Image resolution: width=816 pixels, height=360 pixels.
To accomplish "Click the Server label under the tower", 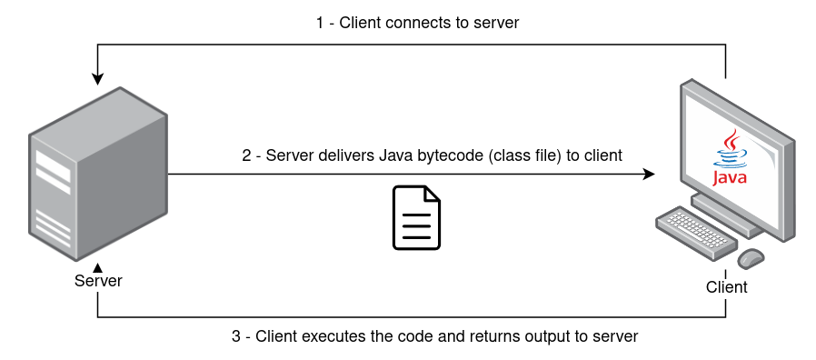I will [98, 281].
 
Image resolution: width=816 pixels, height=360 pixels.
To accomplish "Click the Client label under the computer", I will [726, 287].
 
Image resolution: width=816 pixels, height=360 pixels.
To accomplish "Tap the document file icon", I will [416, 217].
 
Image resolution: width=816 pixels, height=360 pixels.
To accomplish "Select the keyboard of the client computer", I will [695, 233].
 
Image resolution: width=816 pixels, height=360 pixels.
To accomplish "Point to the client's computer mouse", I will [751, 258].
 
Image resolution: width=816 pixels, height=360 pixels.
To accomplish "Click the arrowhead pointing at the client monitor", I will [649, 174].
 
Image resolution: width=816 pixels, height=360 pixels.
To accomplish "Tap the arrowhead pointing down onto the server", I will [97, 79].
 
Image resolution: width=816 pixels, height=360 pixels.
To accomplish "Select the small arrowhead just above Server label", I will [97, 267].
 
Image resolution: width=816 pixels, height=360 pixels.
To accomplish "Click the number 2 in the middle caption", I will [246, 155].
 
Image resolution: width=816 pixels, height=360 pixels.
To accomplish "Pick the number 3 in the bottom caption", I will [236, 336].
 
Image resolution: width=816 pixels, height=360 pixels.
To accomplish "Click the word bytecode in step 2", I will [450, 155].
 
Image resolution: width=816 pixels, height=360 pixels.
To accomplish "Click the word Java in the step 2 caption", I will [395, 155].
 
